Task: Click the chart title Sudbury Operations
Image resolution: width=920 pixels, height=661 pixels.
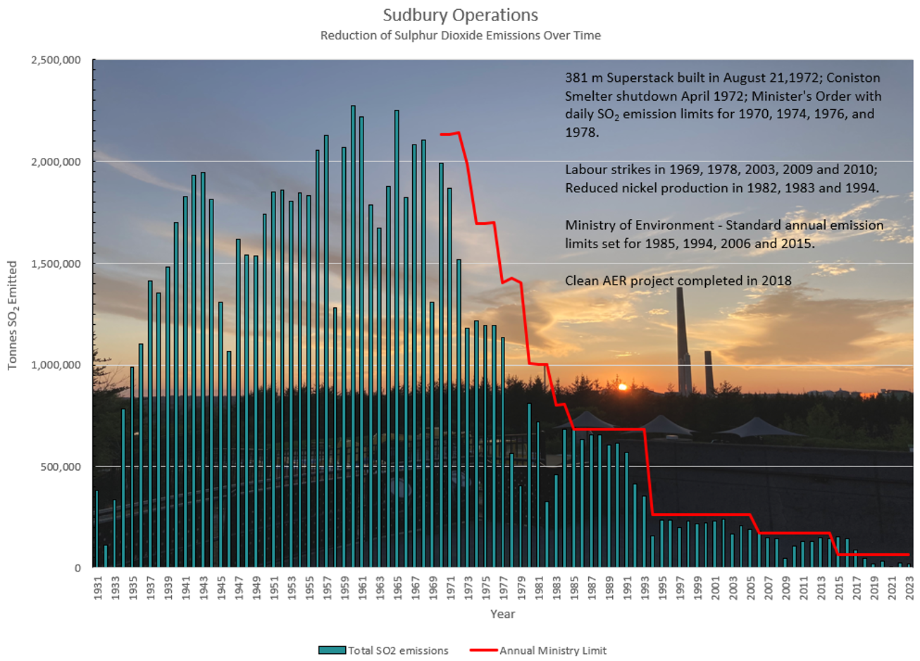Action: [460, 15]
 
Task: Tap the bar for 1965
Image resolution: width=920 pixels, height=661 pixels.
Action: [397, 339]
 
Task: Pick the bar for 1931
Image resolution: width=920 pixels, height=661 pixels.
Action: [97, 529]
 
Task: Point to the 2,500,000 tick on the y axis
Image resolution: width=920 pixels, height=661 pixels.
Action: [56, 60]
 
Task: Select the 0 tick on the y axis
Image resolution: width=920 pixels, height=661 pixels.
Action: [77, 568]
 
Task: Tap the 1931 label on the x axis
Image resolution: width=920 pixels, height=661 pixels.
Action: [97, 587]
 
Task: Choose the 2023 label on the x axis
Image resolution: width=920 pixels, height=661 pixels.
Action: [909, 587]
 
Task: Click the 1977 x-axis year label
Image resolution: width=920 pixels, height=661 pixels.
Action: [503, 587]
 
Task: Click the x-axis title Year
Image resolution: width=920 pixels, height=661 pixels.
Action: [502, 614]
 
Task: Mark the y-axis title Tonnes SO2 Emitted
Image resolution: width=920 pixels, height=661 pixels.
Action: [12, 315]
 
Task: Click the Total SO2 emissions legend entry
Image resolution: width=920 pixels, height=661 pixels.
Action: [383, 650]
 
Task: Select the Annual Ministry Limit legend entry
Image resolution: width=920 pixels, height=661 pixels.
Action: [538, 650]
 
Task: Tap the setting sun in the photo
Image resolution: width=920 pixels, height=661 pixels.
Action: [621, 387]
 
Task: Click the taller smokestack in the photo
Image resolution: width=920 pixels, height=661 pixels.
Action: [682, 338]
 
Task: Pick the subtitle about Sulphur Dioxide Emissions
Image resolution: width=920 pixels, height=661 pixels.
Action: [460, 35]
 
